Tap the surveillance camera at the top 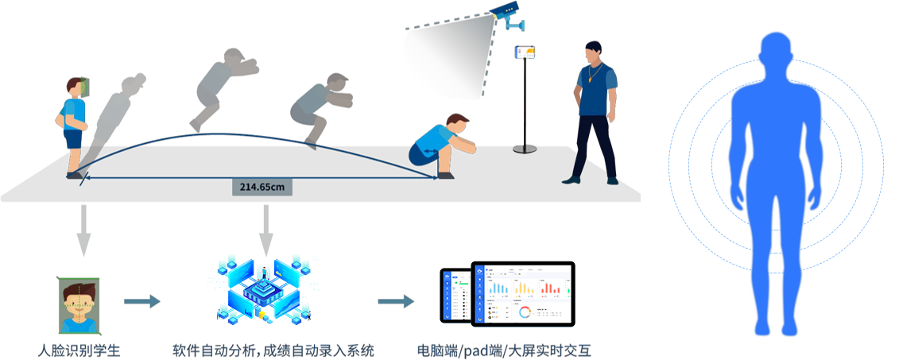click(x=505, y=13)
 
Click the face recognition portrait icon click(x=79, y=304)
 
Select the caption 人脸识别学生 click(x=79, y=350)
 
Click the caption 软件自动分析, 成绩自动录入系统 click(x=273, y=350)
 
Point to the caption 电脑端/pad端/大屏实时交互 click(x=504, y=350)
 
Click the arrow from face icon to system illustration click(x=142, y=302)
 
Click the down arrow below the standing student click(x=83, y=230)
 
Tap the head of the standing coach click(x=592, y=53)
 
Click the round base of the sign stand click(x=524, y=148)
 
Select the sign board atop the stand click(x=525, y=52)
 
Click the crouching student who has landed click(x=441, y=145)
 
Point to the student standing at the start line click(x=72, y=123)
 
